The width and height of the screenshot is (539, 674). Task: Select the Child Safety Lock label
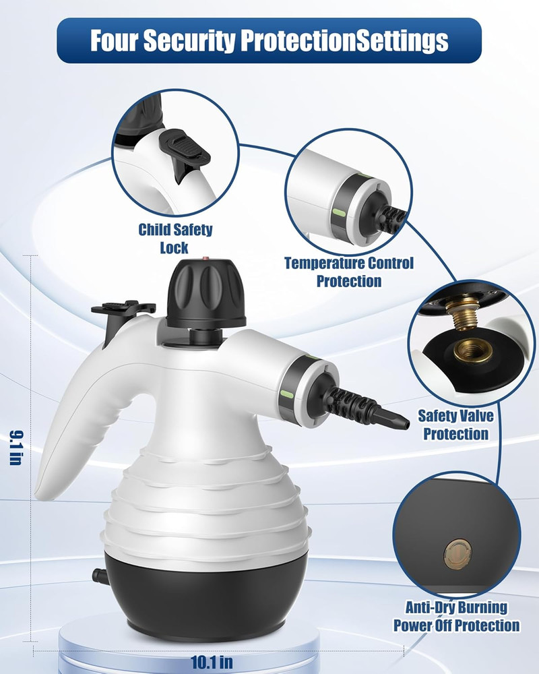coord(175,238)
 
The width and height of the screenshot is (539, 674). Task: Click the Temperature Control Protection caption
coord(349,272)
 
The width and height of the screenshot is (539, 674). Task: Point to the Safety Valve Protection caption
coord(456,425)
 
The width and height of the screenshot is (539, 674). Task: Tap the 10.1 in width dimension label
coord(209,662)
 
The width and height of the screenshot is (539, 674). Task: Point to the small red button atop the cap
coord(205,257)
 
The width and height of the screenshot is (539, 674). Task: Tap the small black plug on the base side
coord(100,575)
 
